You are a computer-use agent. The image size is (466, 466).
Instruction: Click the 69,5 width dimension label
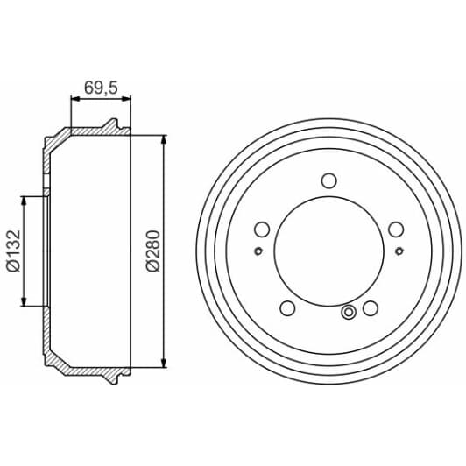coord(100,88)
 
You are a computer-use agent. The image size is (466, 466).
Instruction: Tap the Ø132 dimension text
coord(13,252)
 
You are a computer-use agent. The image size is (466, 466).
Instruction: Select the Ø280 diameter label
coord(152,252)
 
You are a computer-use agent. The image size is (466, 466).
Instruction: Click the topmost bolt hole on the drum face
coord(328,181)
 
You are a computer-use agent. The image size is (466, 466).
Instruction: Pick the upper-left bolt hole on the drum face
coord(261,229)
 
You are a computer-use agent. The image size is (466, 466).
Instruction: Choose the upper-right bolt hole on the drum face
coord(396,229)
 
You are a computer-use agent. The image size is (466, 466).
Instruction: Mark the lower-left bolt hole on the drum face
coord(286,308)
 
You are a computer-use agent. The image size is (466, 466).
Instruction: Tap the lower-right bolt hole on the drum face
coord(370,308)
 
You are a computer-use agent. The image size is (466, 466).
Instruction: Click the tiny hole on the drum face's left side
coord(258,252)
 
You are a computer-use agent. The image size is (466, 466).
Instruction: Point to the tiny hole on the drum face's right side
coord(399,252)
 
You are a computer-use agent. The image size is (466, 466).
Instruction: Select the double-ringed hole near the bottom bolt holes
coord(349,312)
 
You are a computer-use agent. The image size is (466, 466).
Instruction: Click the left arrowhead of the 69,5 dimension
coord(74,100)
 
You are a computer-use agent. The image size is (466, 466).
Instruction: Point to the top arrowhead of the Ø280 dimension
coord(164,140)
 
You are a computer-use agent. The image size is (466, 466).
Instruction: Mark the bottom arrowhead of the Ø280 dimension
coord(164,363)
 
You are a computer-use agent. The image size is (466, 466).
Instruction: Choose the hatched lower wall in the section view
coord(88,371)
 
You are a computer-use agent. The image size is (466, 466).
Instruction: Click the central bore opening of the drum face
coord(328,252)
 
